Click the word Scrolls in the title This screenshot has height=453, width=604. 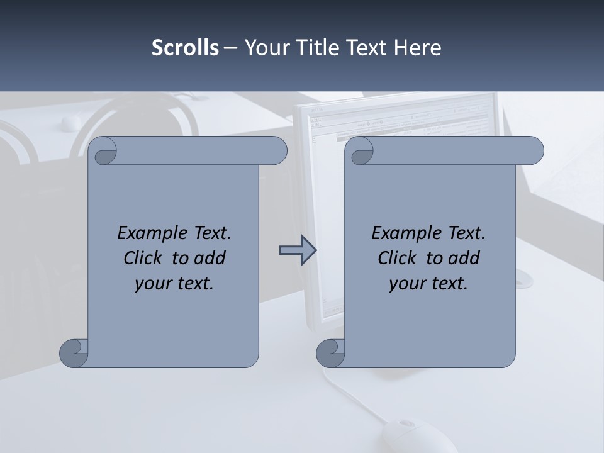[x=186, y=48]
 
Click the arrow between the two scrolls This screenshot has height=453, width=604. [x=298, y=250]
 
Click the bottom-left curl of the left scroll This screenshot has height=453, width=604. [x=74, y=353]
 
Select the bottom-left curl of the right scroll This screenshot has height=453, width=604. [x=330, y=353]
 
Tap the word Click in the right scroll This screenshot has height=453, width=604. [x=396, y=258]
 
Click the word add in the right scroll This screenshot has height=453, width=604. [x=464, y=258]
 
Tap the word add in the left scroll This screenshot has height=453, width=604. [x=210, y=258]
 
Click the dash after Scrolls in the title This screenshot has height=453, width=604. [x=231, y=48]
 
